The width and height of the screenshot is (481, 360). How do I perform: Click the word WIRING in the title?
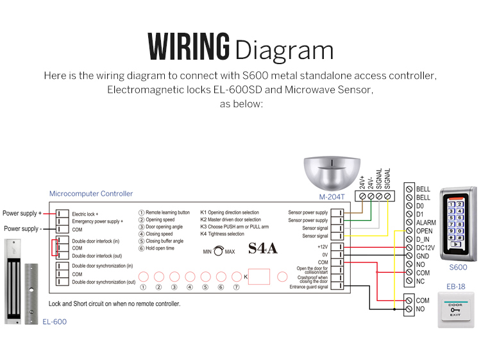(x=189, y=47)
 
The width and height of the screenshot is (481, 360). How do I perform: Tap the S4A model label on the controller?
(x=263, y=248)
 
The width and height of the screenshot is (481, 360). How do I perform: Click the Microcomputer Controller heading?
(x=91, y=194)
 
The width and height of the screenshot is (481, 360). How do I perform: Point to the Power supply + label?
(x=22, y=213)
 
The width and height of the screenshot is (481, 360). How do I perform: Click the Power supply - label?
(x=22, y=228)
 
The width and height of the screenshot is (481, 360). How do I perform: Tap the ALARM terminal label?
(x=425, y=223)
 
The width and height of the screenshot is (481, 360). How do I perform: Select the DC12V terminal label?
(x=426, y=248)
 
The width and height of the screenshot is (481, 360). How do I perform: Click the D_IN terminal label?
(x=424, y=239)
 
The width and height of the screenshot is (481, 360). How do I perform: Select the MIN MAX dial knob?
(x=219, y=252)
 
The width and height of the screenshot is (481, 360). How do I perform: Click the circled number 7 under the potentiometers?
(x=237, y=287)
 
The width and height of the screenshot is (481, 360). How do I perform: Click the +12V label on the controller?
(x=322, y=246)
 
